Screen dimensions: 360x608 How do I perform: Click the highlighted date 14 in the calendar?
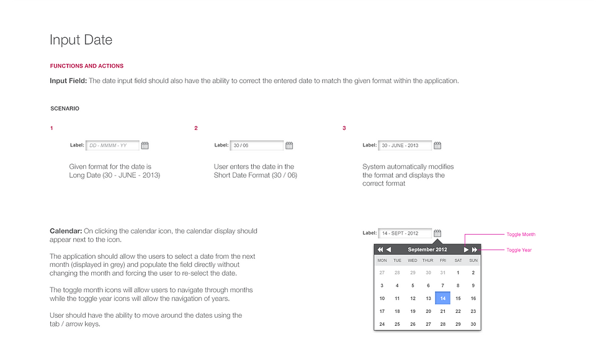pos(443,299)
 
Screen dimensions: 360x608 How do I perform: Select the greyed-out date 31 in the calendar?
pos(443,272)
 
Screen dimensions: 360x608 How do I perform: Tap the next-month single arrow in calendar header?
pos(466,250)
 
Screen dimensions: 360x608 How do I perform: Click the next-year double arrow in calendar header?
pos(475,250)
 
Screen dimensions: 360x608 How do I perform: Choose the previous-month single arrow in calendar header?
pos(388,250)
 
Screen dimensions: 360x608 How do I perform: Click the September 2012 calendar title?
pos(427,250)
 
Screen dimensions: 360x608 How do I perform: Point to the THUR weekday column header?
pos(428,260)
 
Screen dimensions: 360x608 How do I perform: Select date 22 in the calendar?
pos(458,312)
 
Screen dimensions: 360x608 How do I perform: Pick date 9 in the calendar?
pos(473,286)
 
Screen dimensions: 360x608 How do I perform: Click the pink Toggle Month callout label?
pos(521,235)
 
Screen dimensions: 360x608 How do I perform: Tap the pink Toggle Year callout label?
pos(519,250)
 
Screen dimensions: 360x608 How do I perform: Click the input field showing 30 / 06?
pos(257,145)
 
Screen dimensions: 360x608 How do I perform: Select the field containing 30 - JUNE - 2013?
pos(405,145)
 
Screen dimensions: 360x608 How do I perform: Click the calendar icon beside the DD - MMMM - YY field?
pos(145,145)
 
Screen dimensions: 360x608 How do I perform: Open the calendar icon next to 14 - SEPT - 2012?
pos(437,233)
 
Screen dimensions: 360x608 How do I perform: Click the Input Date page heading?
pos(81,40)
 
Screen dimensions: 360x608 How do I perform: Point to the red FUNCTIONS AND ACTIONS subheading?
pos(87,66)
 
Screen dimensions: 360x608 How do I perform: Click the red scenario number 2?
pos(196,128)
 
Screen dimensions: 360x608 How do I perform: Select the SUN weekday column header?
pos(473,260)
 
